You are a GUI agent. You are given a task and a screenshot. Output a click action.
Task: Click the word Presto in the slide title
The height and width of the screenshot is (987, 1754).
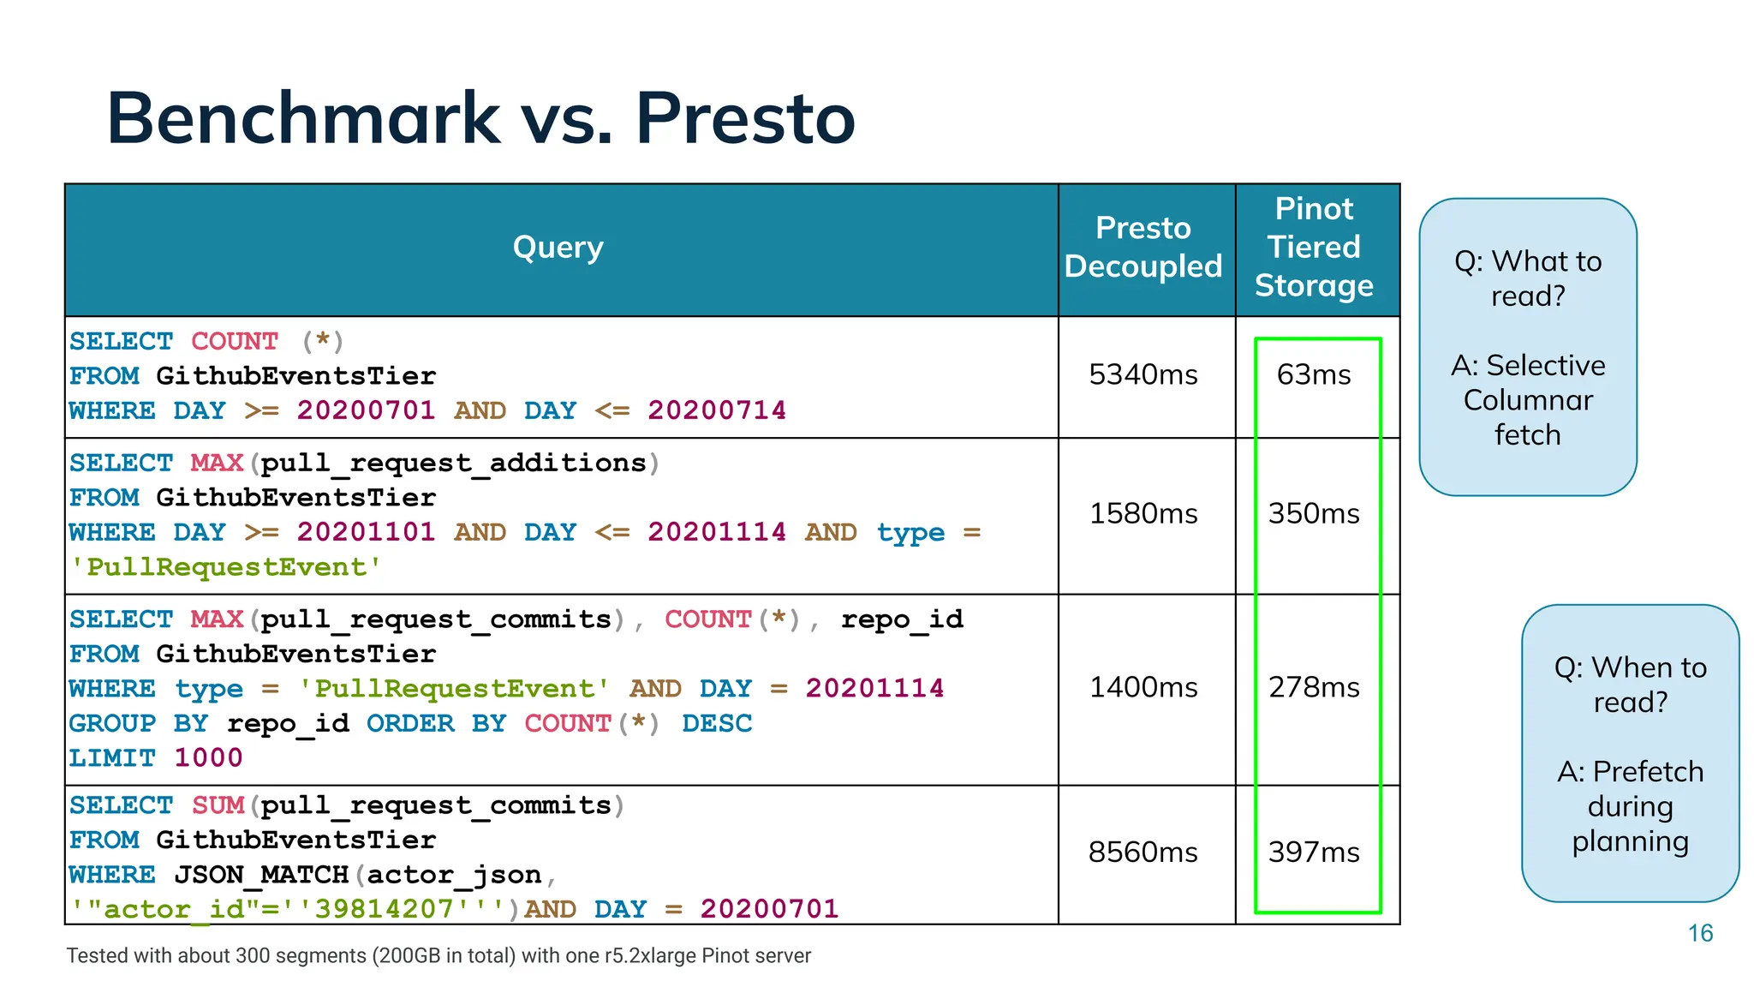[x=744, y=118]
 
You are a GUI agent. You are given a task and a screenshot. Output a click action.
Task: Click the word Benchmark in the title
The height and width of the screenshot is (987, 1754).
[x=303, y=118]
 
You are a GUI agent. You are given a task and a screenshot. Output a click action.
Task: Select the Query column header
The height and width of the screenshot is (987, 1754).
[x=558, y=248]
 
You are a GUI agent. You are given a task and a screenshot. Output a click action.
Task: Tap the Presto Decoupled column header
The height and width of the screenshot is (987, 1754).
[x=1143, y=247]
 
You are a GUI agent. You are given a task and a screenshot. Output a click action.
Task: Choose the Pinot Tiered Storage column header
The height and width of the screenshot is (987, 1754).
[x=1314, y=247]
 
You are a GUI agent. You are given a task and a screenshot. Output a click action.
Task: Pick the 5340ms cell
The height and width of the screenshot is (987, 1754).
[x=1143, y=374]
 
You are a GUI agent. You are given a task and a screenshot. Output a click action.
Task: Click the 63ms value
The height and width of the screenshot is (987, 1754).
[x=1314, y=374]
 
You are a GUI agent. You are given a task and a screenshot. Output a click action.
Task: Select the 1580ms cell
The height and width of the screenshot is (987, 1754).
[x=1143, y=513]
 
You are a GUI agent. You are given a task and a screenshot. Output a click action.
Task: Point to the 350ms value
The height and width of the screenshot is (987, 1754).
[x=1314, y=513]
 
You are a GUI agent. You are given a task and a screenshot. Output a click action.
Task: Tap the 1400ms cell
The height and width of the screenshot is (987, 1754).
[x=1143, y=687]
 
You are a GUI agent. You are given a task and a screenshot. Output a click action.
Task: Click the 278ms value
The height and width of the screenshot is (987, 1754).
[x=1314, y=687]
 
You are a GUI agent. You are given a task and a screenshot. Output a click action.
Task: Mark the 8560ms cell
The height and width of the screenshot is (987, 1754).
[x=1143, y=852]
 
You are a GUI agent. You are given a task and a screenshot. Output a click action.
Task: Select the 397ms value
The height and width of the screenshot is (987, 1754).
[x=1314, y=852]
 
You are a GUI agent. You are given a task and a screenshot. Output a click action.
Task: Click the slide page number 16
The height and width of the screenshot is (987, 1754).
[x=1700, y=933]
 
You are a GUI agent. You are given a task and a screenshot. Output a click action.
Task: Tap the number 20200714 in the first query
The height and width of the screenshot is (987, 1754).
[x=716, y=410]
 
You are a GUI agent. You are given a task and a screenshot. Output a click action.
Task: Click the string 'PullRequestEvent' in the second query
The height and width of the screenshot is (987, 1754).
[x=225, y=567]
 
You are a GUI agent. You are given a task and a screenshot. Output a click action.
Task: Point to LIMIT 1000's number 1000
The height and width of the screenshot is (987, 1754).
[x=208, y=758]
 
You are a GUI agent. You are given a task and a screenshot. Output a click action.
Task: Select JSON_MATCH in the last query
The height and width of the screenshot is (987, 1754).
[x=261, y=875]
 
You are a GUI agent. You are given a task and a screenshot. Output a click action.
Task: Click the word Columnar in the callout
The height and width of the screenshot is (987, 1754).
[x=1528, y=400]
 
